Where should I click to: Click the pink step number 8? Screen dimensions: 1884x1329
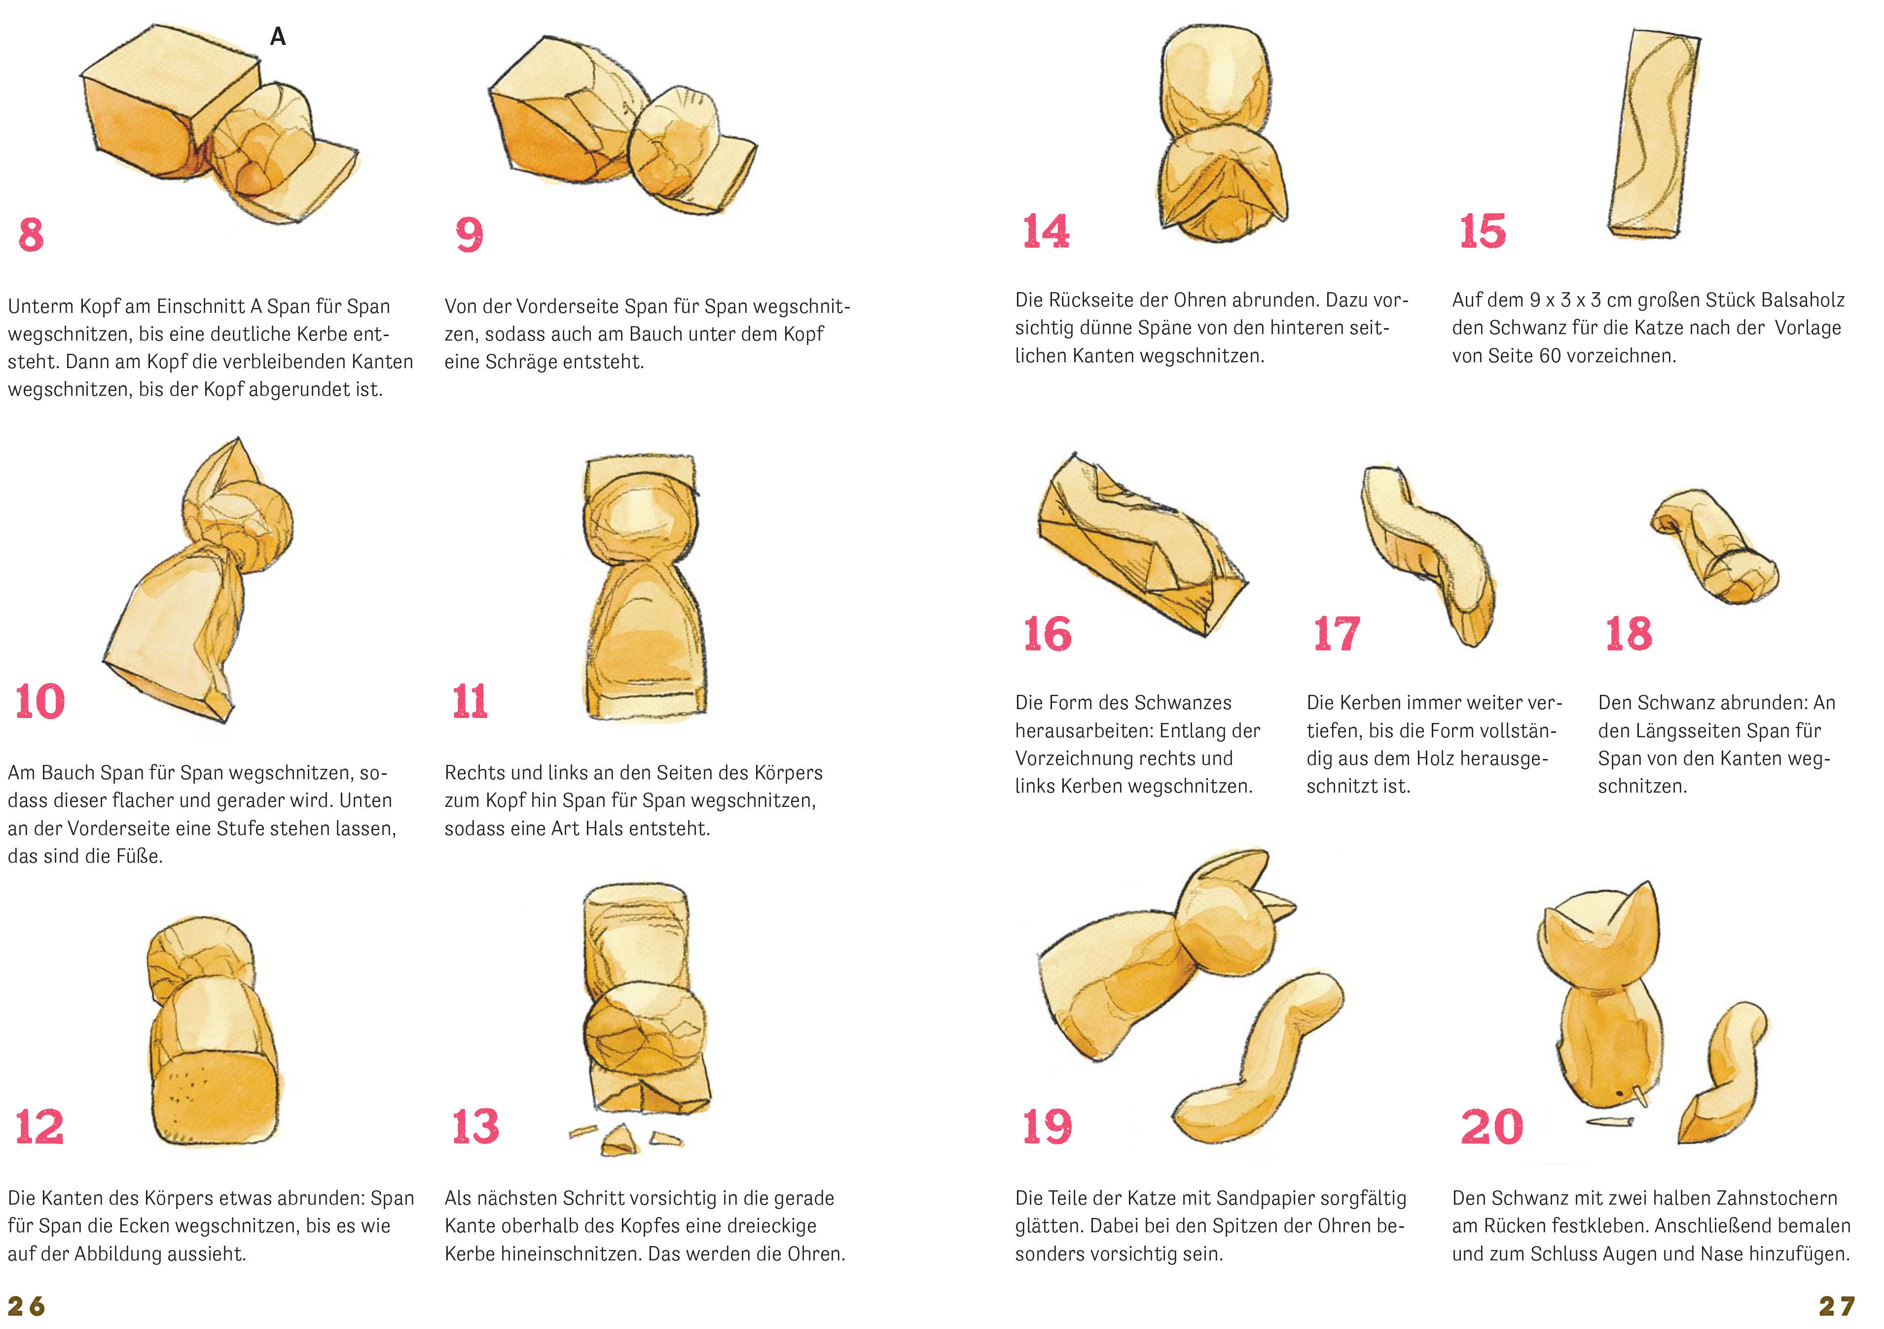pyautogui.click(x=31, y=235)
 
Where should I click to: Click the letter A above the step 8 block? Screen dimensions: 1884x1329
pyautogui.click(x=278, y=36)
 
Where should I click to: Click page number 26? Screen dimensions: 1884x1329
pyautogui.click(x=26, y=1306)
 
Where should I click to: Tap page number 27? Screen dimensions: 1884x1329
pyautogui.click(x=1837, y=1306)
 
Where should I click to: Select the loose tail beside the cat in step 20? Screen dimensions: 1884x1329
pyautogui.click(x=1723, y=1071)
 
